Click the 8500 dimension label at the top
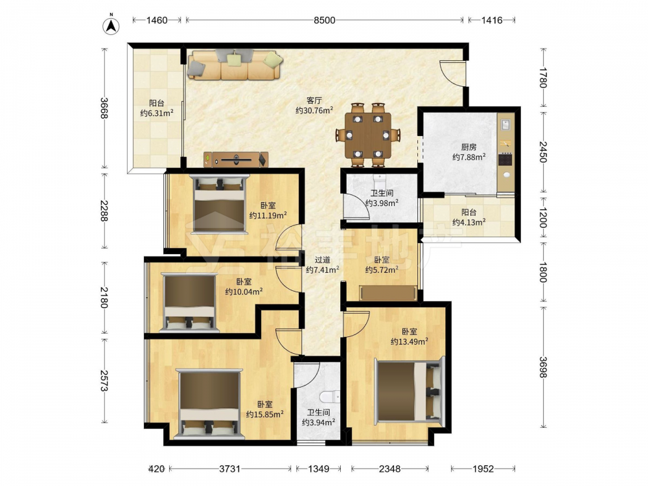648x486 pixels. [325, 20]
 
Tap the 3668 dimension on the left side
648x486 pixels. [104, 108]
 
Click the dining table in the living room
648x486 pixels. [368, 135]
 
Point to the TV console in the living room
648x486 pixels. [236, 159]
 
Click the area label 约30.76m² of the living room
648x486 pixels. [314, 110]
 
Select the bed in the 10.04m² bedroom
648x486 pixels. [189, 302]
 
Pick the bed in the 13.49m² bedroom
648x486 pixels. [409, 391]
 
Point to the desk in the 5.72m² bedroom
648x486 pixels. [388, 293]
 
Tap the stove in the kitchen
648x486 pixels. [505, 159]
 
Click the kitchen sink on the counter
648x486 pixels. [505, 123]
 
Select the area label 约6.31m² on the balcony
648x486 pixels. [157, 113]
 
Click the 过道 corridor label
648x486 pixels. [322, 260]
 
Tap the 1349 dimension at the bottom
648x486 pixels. [319, 469]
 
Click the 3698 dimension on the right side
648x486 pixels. [543, 367]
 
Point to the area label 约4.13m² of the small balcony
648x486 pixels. [469, 222]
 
